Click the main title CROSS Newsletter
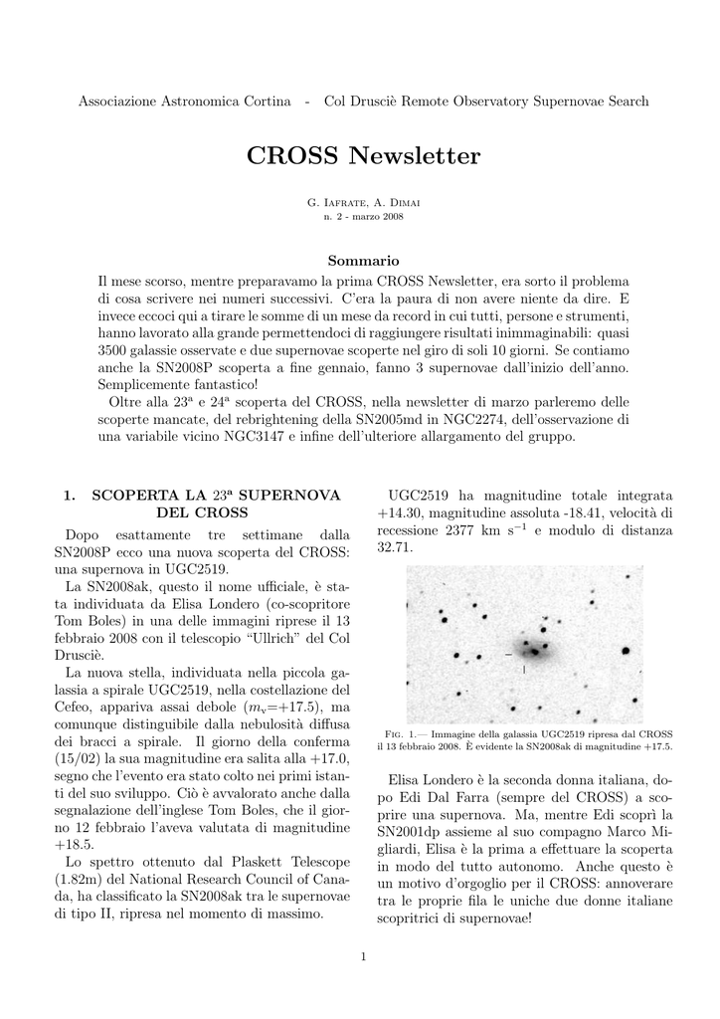362,156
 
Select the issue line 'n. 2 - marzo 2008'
363,215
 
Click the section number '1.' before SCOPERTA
70,495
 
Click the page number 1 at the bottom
364,957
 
